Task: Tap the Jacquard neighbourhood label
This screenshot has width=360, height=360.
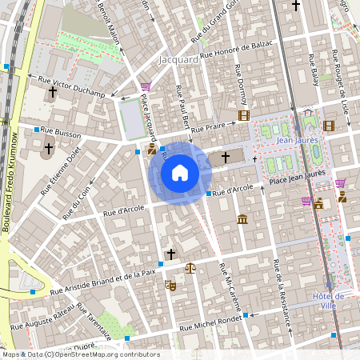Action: point(180,60)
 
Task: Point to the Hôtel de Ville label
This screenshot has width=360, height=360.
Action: point(328,300)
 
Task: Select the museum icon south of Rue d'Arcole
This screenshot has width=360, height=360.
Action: point(242,219)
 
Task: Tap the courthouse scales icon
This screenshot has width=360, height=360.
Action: point(190,268)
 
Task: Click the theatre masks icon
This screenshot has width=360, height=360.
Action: point(170,285)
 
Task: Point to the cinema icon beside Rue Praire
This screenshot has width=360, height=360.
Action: point(244,116)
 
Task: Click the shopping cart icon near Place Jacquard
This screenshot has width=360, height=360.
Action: point(145,86)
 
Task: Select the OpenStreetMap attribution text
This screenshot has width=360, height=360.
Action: point(80,354)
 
